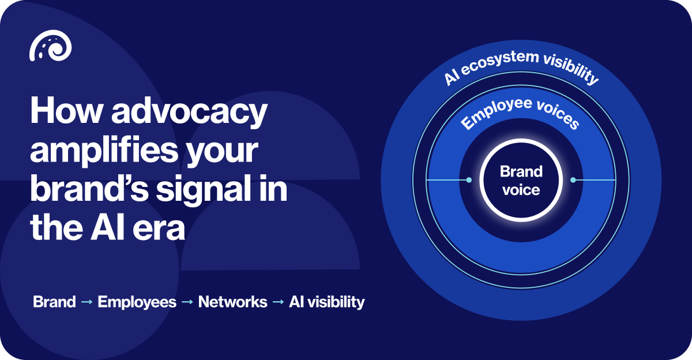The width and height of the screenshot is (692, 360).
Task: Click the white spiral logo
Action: click(51, 46)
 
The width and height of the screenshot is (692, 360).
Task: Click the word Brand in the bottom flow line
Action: click(54, 302)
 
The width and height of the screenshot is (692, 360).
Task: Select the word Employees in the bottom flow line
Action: click(137, 302)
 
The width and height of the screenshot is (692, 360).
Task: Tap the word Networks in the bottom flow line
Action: click(232, 302)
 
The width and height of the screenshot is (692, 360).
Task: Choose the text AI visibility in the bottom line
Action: click(326, 302)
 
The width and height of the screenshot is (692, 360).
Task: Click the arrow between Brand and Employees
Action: click(86, 302)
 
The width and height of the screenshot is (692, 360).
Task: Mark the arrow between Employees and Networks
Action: click(187, 302)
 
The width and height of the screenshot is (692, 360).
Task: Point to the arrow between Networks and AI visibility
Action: click(278, 302)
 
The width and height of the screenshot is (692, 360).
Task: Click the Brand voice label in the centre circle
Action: click(521, 181)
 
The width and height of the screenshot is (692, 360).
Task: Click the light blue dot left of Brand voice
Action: click(469, 180)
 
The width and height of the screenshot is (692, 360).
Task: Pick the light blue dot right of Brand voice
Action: click(573, 180)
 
